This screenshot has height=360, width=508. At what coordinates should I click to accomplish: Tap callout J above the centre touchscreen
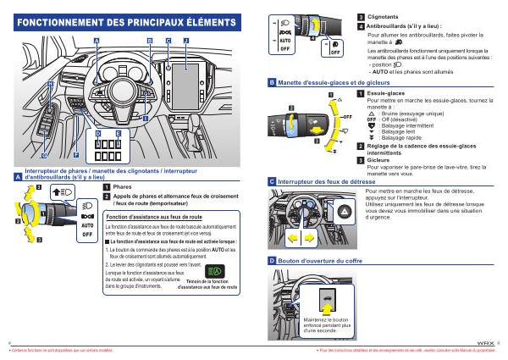(x=185, y=40)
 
